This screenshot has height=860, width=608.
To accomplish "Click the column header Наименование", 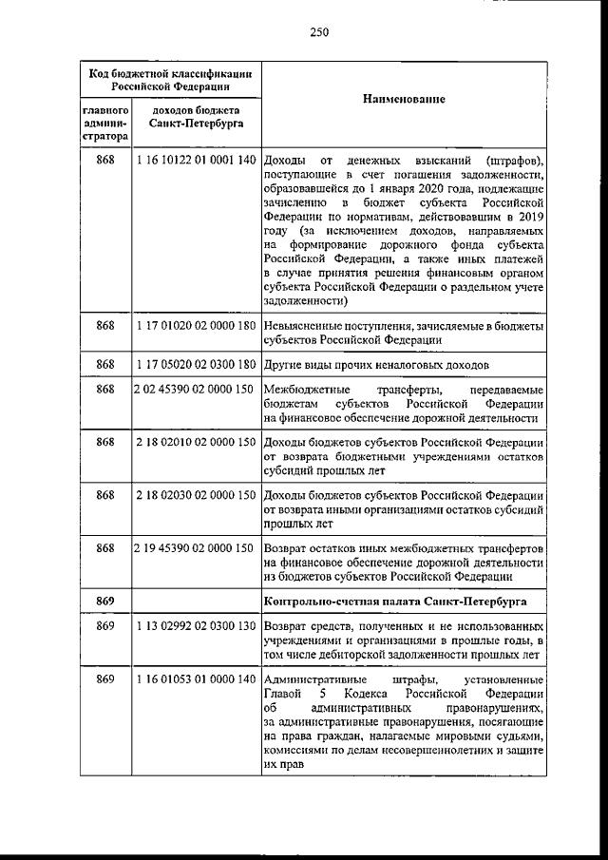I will (x=404, y=99).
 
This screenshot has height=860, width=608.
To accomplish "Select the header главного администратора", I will (x=105, y=124).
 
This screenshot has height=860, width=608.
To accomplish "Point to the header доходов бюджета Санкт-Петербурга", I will (x=197, y=117).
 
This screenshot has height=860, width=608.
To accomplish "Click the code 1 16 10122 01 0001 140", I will (x=197, y=159).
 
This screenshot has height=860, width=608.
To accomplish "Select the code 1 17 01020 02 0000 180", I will (x=197, y=326).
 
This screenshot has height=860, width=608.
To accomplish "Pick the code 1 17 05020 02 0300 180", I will (x=197, y=364).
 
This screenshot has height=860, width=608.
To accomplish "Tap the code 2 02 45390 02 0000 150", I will (x=197, y=390).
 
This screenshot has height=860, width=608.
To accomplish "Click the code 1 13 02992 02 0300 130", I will (x=197, y=628).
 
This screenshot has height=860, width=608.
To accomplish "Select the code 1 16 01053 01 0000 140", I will (x=197, y=680).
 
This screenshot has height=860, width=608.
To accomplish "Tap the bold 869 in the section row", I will (x=105, y=602).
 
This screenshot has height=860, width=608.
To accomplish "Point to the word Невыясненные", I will (x=303, y=326).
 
